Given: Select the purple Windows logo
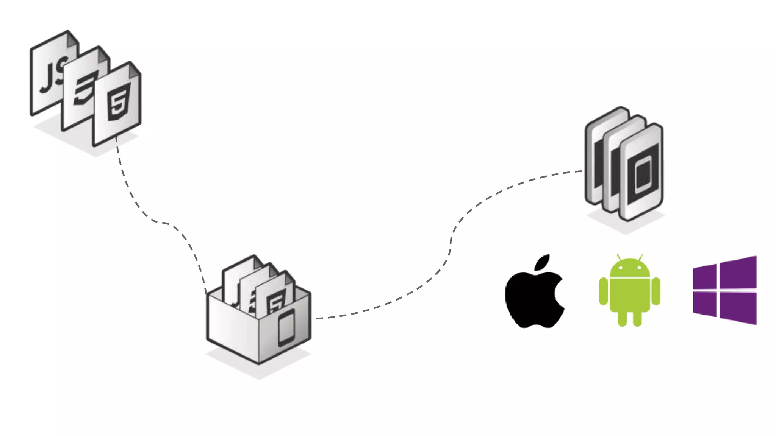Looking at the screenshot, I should (x=724, y=290).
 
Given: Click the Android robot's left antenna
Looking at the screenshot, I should (x=619, y=257).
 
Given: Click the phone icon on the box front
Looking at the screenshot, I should (x=286, y=328).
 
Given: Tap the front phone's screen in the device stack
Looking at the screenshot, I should (x=643, y=174).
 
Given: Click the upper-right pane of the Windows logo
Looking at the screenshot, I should (x=738, y=272).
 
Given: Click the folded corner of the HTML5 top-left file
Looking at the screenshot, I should (x=134, y=69).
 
